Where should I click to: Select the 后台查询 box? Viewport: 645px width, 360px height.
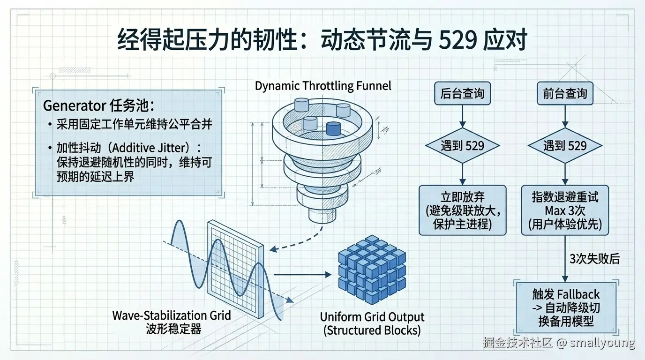462,94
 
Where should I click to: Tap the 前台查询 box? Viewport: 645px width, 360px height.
565,94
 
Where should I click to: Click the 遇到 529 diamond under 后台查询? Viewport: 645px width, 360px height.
462,146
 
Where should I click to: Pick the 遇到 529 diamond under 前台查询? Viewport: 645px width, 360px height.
565,146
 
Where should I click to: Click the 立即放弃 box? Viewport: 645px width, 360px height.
462,210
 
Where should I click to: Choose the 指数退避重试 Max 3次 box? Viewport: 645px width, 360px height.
565,210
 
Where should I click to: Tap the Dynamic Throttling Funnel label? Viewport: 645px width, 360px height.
323,86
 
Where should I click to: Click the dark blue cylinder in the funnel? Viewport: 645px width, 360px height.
333,128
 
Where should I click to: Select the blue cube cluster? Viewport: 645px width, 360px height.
372,269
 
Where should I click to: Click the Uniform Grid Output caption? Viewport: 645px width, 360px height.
372,323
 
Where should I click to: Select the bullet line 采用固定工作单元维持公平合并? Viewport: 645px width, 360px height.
134,124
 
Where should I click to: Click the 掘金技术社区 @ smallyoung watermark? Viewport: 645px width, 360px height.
559,343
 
